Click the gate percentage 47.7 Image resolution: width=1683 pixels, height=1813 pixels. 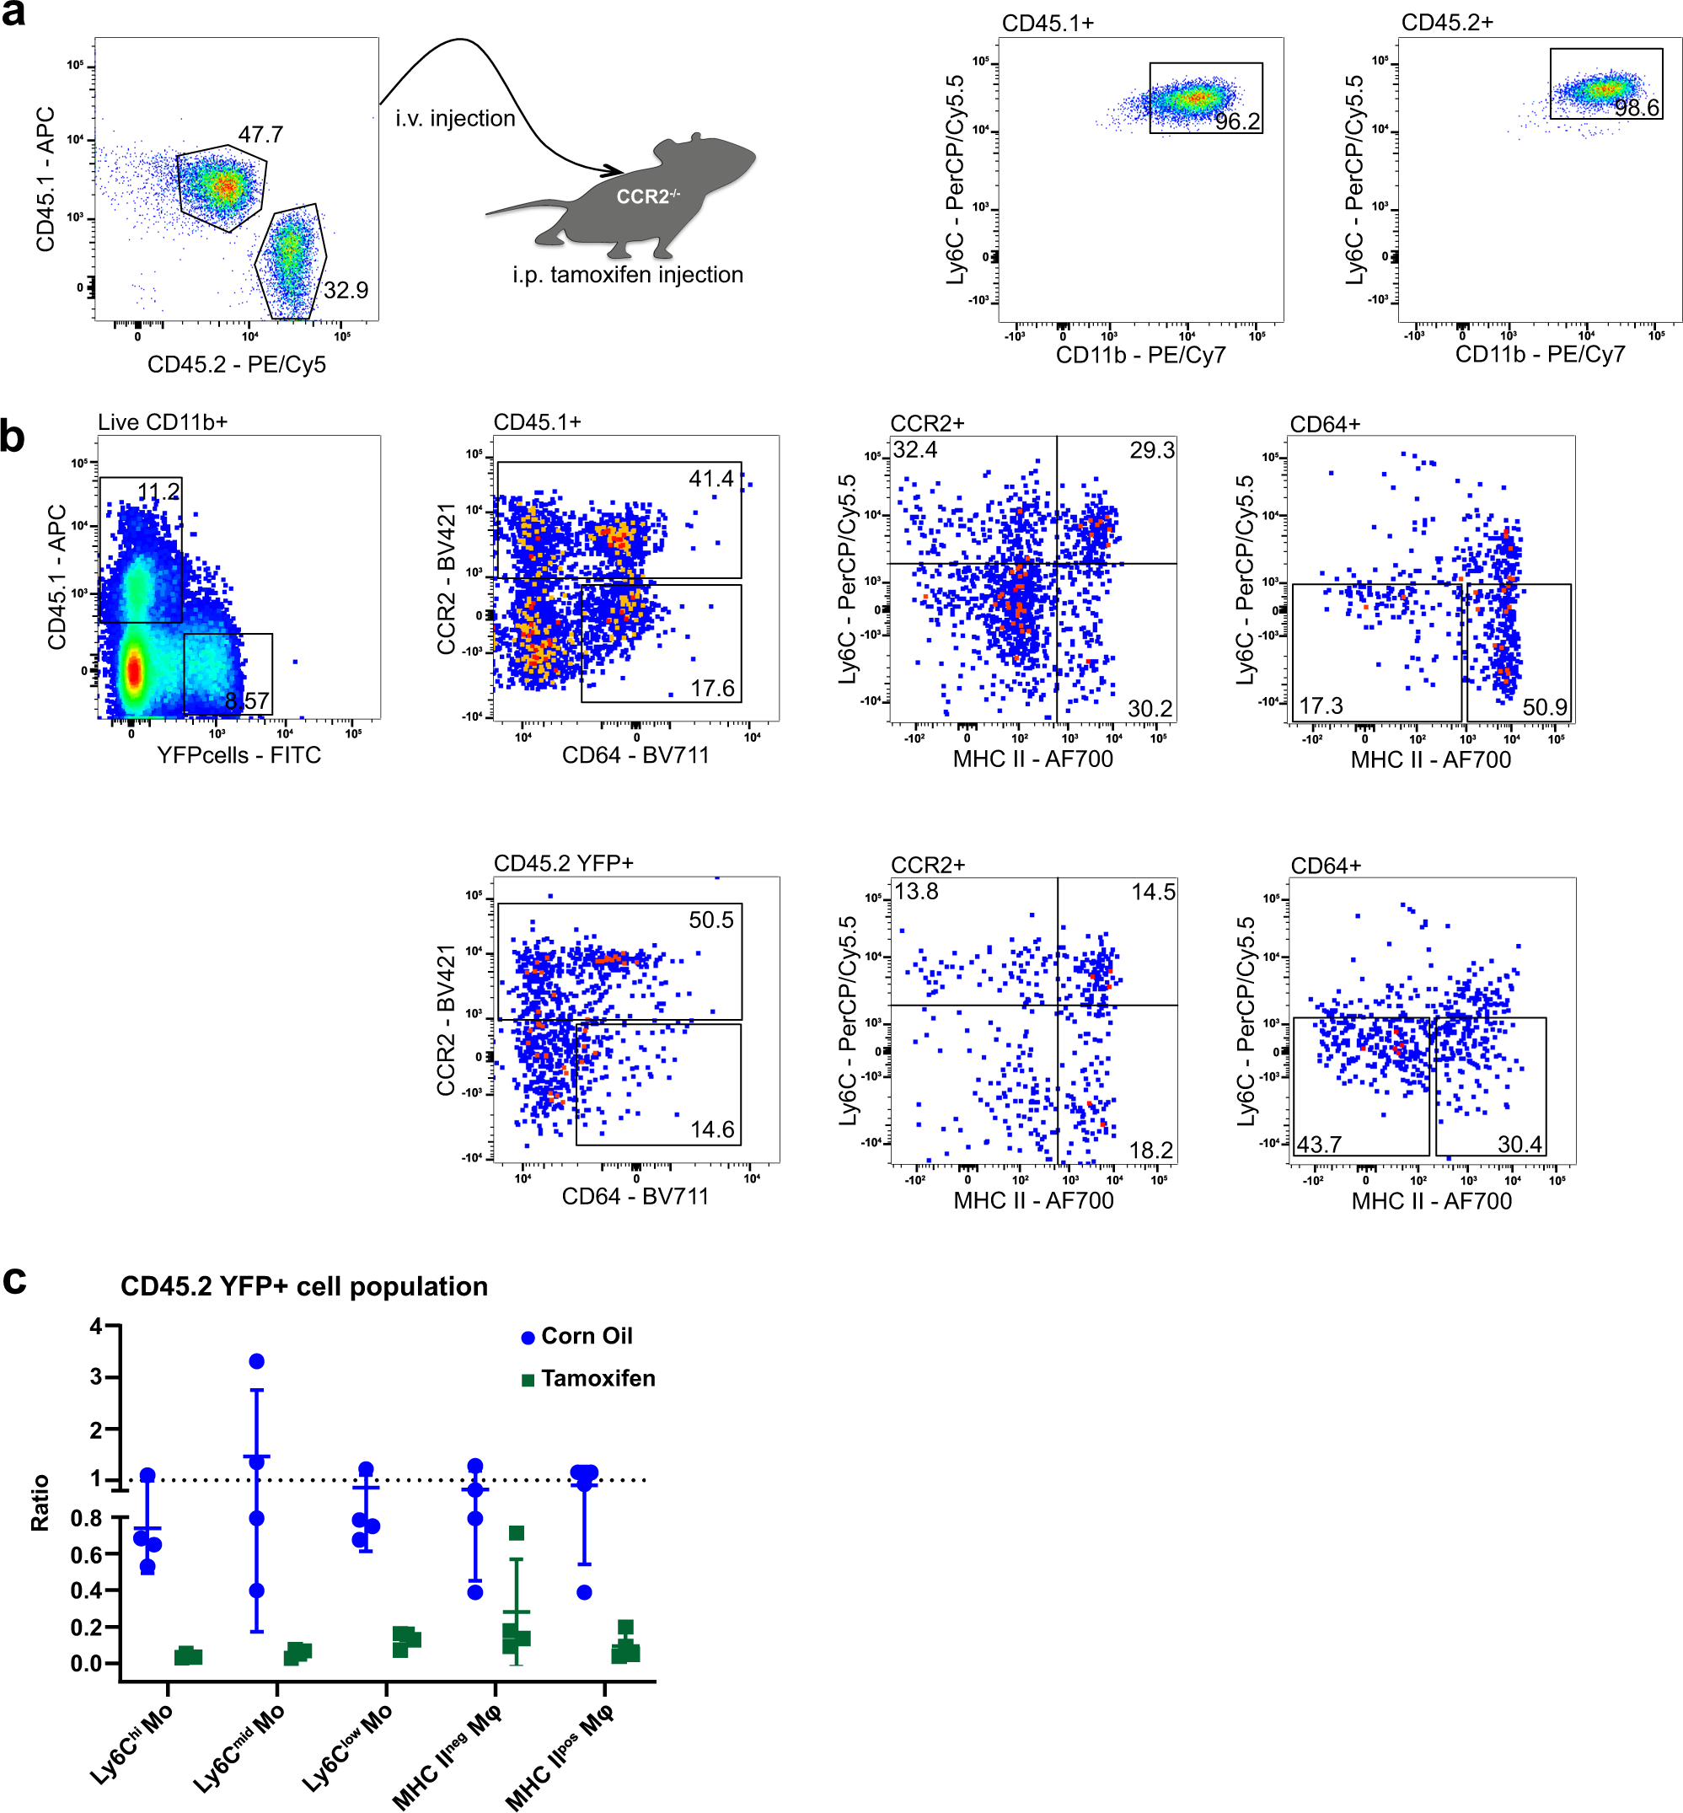[260, 135]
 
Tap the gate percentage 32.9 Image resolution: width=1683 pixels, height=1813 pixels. [346, 291]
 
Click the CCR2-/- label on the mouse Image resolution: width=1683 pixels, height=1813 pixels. [646, 196]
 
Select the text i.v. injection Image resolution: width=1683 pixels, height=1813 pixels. [454, 118]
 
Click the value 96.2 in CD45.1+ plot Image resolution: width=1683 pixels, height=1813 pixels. [1236, 122]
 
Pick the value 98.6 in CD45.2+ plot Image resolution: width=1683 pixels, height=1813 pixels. [1636, 109]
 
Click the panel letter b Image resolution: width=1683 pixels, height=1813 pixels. [13, 437]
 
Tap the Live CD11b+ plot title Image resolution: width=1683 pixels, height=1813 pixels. [162, 422]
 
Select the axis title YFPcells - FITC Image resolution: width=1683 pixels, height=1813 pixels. [239, 755]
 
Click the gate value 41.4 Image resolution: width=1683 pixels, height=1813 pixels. [710, 479]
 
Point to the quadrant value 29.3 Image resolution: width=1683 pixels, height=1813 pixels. [1151, 451]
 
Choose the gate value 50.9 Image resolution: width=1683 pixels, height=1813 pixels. [1544, 707]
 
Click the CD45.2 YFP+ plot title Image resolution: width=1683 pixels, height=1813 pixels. [563, 863]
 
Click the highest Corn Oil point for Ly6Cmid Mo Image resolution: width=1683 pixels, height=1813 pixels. [257, 1361]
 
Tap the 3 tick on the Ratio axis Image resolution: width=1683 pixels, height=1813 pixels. [95, 1377]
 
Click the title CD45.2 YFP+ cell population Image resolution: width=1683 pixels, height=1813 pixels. [304, 1287]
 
